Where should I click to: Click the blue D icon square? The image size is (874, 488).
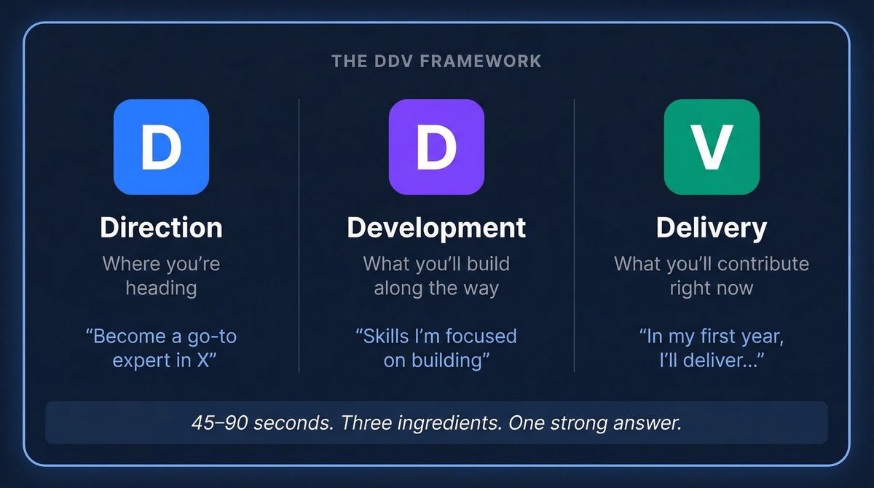click(x=161, y=147)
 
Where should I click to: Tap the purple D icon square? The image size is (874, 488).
click(x=436, y=147)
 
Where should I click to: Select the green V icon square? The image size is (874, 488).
click(x=712, y=147)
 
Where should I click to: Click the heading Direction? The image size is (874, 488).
click(x=161, y=227)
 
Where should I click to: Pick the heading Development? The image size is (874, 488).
click(x=436, y=227)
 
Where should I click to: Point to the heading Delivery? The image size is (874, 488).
click(x=712, y=227)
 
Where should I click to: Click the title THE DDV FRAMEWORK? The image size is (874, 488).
click(x=436, y=60)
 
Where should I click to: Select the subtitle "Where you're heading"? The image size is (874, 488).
click(x=161, y=275)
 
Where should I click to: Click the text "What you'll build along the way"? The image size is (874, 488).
click(x=436, y=275)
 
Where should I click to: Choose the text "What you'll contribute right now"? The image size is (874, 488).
click(x=712, y=275)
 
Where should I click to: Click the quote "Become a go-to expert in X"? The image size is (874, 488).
click(x=161, y=348)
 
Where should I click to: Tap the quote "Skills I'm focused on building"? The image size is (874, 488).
click(x=436, y=348)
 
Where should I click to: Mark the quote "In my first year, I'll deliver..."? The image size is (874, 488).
click(x=712, y=348)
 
